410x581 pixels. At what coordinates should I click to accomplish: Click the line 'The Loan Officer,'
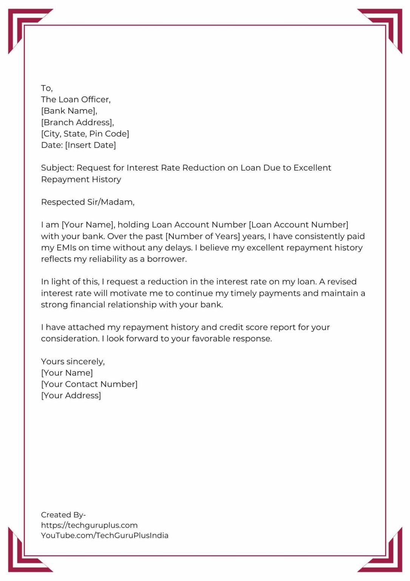(76, 99)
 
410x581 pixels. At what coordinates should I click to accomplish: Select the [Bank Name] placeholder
(69, 111)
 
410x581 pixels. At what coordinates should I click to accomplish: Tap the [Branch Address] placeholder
(77, 123)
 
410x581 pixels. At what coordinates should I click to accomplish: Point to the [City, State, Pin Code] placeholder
(85, 134)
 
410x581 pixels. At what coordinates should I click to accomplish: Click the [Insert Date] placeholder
(91, 145)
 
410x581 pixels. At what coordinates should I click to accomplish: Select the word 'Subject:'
(57, 168)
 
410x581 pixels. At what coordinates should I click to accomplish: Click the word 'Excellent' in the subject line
(312, 168)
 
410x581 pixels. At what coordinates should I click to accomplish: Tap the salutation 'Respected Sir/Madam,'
(88, 202)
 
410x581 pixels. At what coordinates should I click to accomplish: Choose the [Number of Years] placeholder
(203, 236)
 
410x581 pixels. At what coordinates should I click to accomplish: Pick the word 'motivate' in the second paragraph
(128, 293)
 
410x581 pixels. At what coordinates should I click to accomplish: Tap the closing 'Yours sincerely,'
(73, 362)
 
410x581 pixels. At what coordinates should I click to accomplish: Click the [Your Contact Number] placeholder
(89, 384)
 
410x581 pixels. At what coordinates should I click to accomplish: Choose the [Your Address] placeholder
(71, 396)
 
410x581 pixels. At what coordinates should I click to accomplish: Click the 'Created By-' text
(63, 515)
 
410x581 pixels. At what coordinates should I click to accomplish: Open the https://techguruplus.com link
(89, 525)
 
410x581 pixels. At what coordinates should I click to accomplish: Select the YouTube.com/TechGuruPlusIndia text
(105, 535)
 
